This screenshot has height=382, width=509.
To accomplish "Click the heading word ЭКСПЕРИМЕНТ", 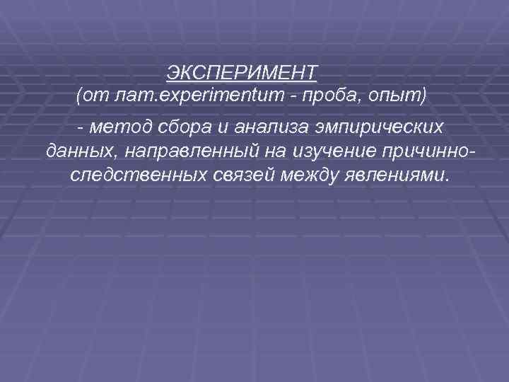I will pyautogui.click(x=242, y=72).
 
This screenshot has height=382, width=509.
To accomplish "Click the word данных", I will pyautogui.click(x=75, y=151).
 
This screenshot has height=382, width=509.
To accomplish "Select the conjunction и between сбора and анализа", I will pyautogui.click(x=218, y=127).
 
